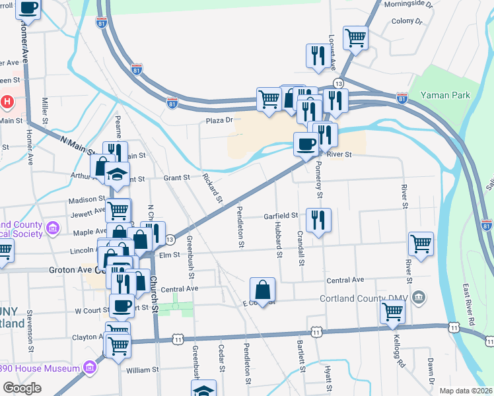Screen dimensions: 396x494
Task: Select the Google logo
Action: pos(22,388)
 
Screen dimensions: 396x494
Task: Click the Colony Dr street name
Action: pos(407,21)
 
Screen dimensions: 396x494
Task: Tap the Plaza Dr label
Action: pos(220,120)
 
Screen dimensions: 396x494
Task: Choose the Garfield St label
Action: pos(281,215)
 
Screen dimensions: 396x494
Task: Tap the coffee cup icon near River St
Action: pos(306,144)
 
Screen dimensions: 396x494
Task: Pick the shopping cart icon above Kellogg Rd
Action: pos(392,312)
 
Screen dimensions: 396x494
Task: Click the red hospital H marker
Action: pos(7,102)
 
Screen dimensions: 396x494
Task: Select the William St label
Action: pos(139,370)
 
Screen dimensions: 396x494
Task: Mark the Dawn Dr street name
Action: pos(430,372)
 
